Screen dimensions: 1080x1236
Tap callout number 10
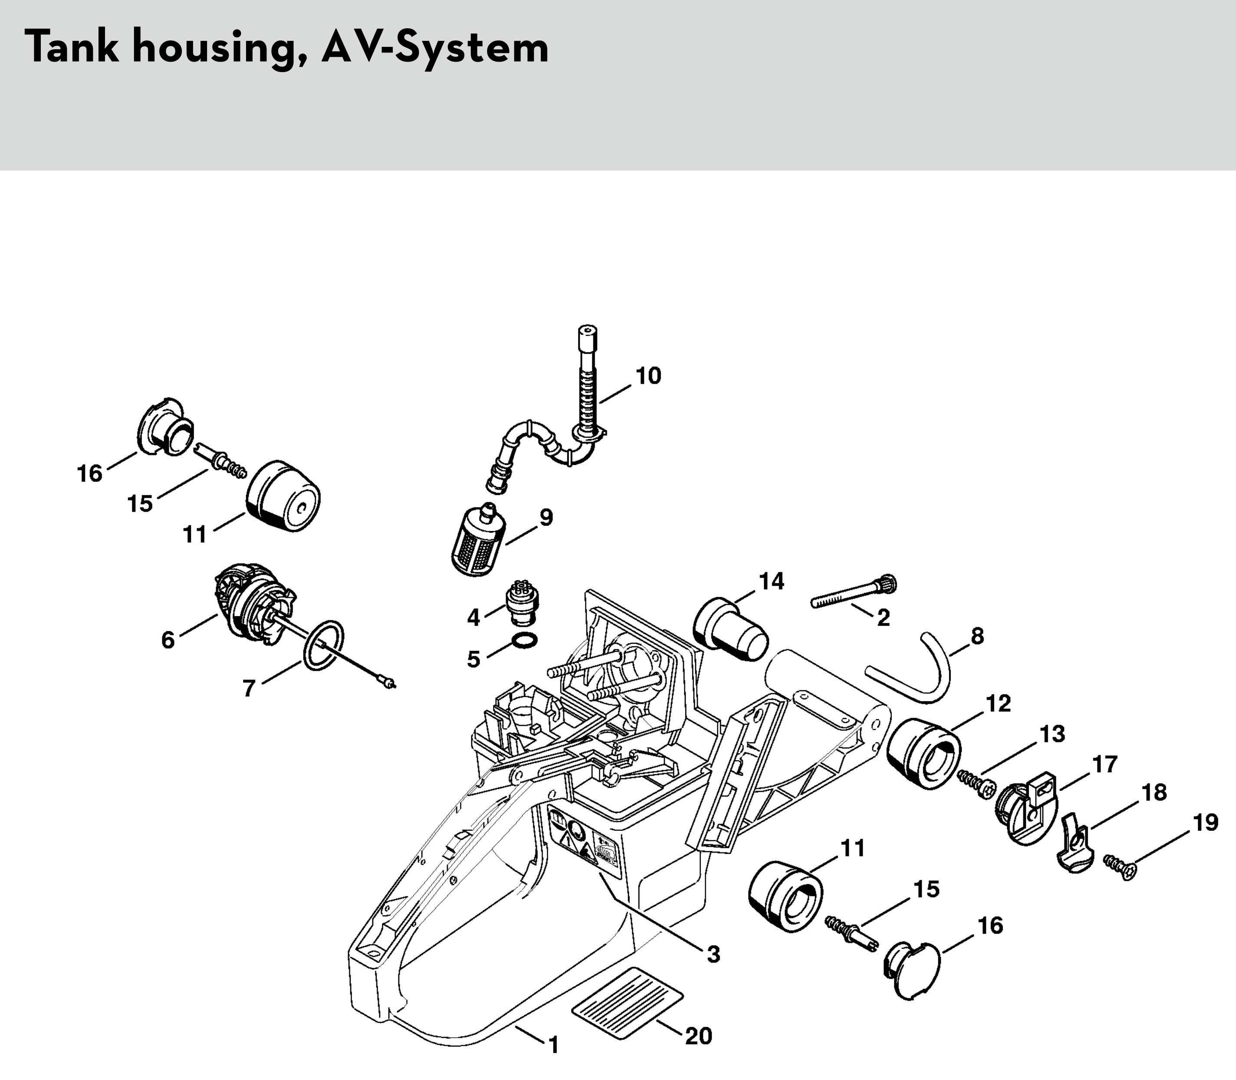coord(648,376)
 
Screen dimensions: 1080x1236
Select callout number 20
coord(698,1036)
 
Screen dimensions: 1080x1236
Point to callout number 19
coord(1205,823)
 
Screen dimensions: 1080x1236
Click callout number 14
coord(771,582)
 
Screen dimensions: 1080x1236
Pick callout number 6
coord(168,640)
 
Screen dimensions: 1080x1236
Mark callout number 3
coord(713,954)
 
